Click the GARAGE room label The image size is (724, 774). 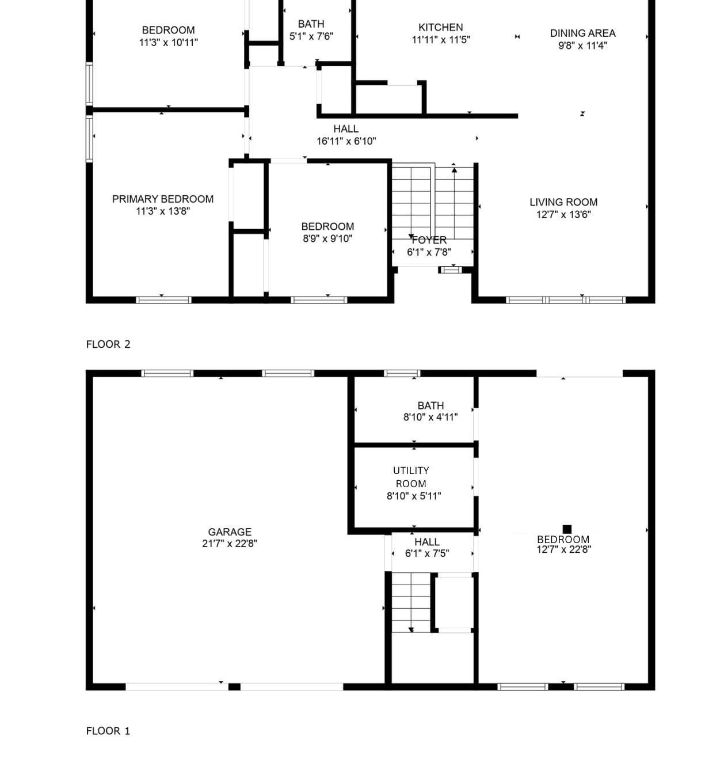click(x=229, y=532)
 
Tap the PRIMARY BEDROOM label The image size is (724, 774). click(x=162, y=199)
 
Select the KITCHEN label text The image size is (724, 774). click(x=440, y=27)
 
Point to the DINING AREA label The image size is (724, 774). click(x=582, y=33)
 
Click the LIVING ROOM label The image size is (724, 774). click(x=563, y=202)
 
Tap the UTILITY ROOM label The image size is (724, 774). click(x=411, y=477)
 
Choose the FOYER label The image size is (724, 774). click(x=429, y=240)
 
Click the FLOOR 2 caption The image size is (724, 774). click(x=108, y=344)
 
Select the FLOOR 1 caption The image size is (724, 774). click(x=108, y=731)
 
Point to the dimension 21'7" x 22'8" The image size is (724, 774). click(x=229, y=543)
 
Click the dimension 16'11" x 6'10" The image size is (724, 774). click(x=346, y=141)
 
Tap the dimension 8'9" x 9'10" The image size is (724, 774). click(x=327, y=238)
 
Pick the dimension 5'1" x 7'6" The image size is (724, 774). click(x=311, y=36)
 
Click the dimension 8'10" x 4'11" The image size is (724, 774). click(x=430, y=417)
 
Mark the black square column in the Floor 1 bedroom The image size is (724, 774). click(x=567, y=529)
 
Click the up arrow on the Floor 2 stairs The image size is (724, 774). click(x=454, y=169)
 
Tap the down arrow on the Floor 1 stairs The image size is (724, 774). click(x=411, y=629)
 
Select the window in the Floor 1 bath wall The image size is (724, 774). click(x=402, y=373)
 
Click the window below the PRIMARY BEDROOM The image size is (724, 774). click(x=163, y=299)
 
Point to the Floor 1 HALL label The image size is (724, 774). click(x=426, y=542)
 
